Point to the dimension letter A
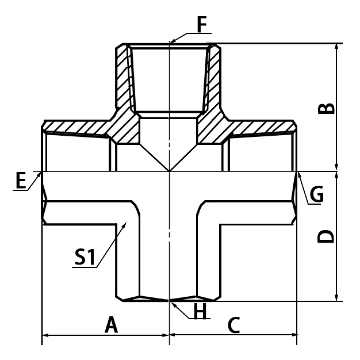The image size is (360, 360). click(111, 325)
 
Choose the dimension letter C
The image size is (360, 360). click(233, 325)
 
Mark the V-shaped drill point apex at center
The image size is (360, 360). click(169, 170)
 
